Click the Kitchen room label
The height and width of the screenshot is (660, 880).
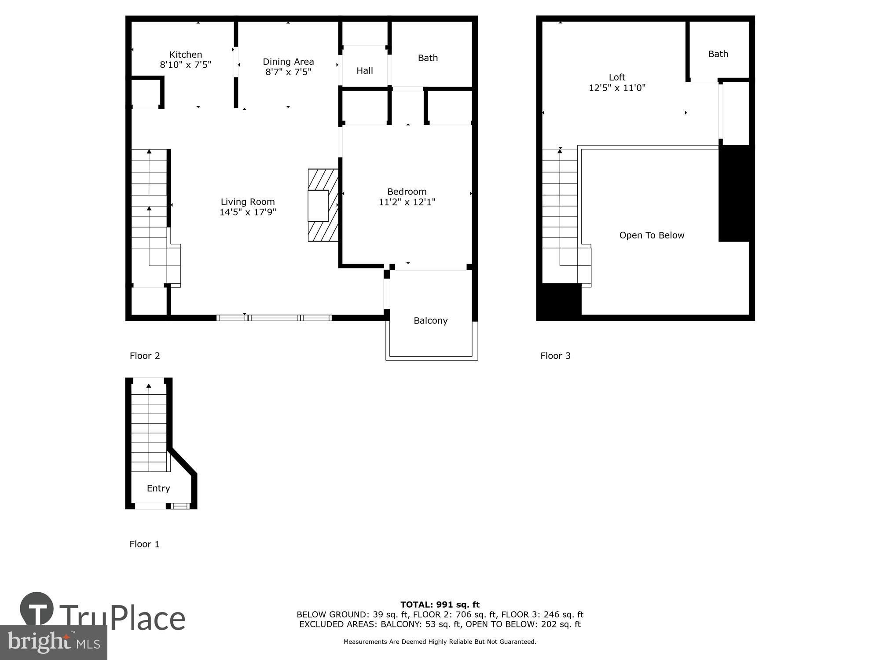[186, 55]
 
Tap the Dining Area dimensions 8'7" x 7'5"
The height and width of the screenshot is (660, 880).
[288, 72]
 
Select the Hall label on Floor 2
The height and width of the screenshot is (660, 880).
[364, 70]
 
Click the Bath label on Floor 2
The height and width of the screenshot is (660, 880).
[428, 58]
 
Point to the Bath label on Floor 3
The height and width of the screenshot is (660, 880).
[718, 54]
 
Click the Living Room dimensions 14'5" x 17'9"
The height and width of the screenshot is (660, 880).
[248, 212]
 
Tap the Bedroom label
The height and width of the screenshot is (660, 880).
[407, 191]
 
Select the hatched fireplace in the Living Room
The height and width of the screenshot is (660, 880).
[323, 205]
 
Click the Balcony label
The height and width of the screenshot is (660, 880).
[430, 320]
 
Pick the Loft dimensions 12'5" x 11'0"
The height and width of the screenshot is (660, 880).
[617, 88]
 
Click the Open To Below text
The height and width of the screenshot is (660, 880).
[652, 235]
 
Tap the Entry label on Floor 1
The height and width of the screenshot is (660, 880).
[158, 488]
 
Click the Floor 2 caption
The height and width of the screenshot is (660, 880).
[145, 356]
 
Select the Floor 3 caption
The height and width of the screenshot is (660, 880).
[555, 356]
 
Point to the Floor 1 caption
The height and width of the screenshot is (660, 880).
[144, 544]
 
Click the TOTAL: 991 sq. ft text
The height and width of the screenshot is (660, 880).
[440, 605]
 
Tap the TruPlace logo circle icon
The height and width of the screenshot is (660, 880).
[37, 609]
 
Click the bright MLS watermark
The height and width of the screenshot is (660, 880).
[53, 643]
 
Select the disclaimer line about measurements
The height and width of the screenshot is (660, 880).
[440, 642]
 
